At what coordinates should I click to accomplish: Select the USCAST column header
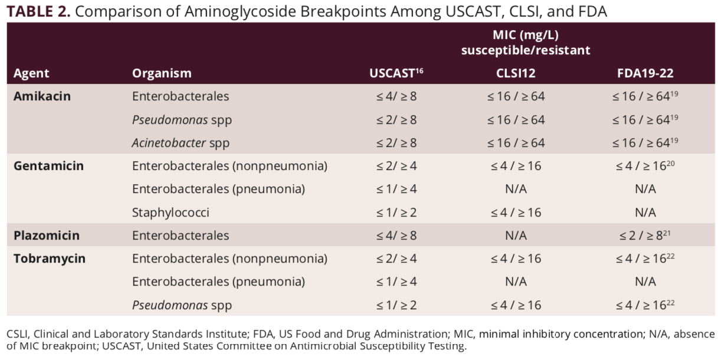point(396,73)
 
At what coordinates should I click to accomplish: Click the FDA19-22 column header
point(645,73)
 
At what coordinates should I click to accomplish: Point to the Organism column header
point(162,73)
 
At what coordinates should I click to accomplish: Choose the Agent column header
point(31,73)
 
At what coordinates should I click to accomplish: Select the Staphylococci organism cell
point(171,212)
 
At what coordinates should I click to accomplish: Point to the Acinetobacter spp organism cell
point(181,143)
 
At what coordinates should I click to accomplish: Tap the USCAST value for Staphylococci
point(396,212)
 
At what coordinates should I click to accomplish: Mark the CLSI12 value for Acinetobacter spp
point(516,143)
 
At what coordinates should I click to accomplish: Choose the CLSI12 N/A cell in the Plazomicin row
point(516,235)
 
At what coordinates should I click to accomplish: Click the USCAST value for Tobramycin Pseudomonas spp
point(396,305)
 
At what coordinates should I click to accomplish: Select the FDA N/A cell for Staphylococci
point(644,212)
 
